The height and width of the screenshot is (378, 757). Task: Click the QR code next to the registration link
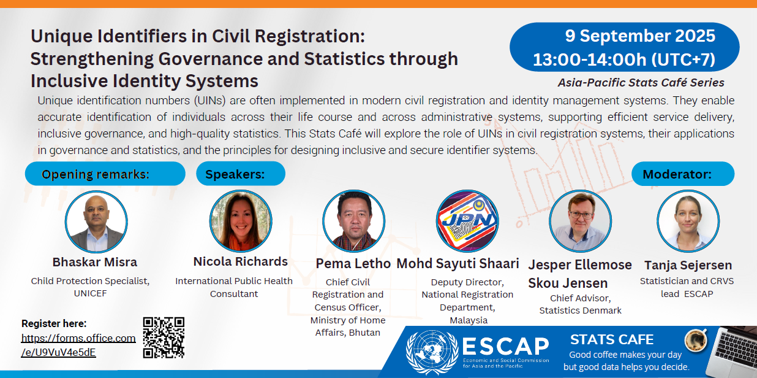[164, 337]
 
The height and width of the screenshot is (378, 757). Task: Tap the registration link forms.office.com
[78, 345]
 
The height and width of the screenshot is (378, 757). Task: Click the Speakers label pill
[241, 174]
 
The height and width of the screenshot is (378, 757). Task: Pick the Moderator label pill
[683, 174]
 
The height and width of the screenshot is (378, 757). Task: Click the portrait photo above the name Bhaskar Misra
[96, 222]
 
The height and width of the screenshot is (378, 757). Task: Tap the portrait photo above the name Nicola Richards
[241, 221]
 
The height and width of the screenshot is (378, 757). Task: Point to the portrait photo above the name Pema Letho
[354, 221]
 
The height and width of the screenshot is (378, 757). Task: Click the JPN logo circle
[467, 221]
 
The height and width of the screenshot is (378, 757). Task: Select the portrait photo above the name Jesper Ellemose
[580, 222]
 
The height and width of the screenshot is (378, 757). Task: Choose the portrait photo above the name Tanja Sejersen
[688, 222]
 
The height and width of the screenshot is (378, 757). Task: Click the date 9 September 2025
[640, 36]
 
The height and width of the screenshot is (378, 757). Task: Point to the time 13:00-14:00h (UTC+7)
[624, 60]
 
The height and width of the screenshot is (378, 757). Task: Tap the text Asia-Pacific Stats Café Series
[641, 83]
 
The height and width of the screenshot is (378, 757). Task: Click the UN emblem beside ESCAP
[432, 352]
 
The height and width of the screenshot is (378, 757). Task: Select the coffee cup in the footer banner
[696, 340]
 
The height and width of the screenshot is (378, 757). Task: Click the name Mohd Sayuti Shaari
[458, 263]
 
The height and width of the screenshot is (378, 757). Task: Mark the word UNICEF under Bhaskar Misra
[90, 293]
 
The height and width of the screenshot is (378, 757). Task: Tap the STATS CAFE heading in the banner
[612, 339]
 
